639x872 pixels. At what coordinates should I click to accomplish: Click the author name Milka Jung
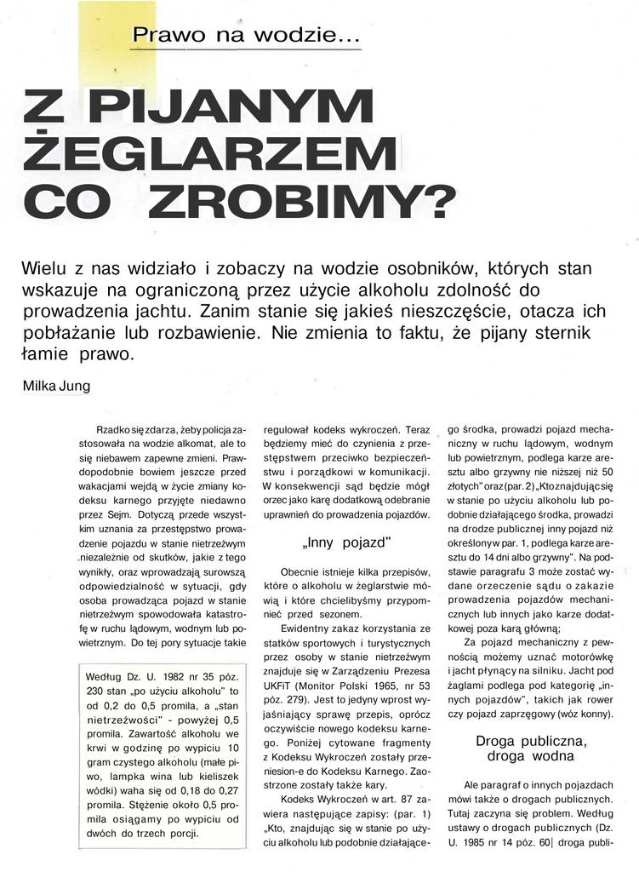(x=56, y=386)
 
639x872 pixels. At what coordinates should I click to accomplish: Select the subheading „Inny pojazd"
(x=346, y=542)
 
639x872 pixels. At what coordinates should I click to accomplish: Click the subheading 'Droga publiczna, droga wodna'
(x=530, y=748)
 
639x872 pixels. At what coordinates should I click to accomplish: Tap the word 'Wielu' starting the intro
(x=43, y=268)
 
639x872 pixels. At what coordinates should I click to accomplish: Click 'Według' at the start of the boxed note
(x=106, y=677)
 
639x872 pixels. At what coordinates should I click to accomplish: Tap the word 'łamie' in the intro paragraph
(x=40, y=353)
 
